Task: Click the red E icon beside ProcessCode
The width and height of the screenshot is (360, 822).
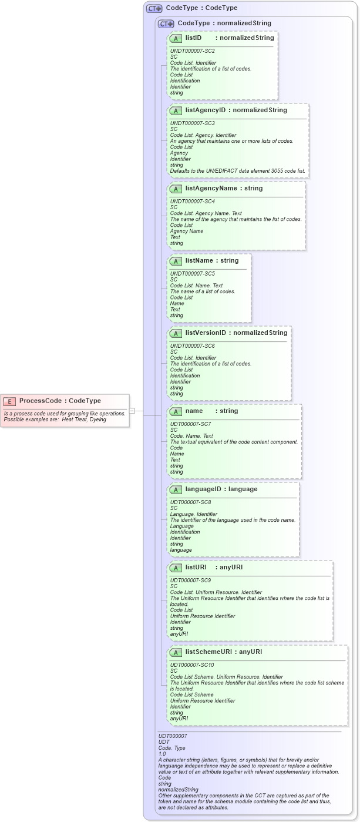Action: pos(9,401)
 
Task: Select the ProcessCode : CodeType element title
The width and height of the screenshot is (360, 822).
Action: pos(60,401)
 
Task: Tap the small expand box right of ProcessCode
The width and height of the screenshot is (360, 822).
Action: pos(132,411)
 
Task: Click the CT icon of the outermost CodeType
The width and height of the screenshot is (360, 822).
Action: pos(154,8)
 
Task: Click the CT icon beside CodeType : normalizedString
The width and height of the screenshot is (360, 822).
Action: pos(166,24)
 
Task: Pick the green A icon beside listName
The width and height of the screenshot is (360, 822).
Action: pos(176,261)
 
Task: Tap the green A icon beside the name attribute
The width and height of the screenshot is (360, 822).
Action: pos(176,411)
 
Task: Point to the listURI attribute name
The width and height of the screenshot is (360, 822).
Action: pos(196,567)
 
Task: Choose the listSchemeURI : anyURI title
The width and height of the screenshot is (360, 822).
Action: pos(223,652)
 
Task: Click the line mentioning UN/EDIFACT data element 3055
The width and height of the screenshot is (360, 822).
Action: pos(237,171)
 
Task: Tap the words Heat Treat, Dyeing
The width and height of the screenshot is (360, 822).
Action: pos(84,420)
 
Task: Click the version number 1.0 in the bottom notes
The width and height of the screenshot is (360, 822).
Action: pos(162,754)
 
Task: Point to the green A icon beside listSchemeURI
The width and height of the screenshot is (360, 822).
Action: pos(176,652)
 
